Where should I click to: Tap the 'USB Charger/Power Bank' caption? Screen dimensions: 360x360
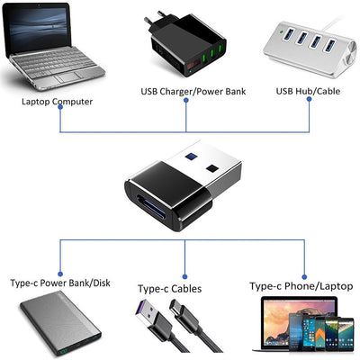pos(184,91)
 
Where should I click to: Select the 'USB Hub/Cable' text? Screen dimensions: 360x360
pos(308,90)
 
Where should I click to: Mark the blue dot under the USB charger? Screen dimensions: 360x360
pos(185,102)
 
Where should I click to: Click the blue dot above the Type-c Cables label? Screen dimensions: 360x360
pos(185,274)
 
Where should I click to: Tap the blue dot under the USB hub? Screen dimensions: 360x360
pos(308,102)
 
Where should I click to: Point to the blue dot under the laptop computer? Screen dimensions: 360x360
pos(59,112)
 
